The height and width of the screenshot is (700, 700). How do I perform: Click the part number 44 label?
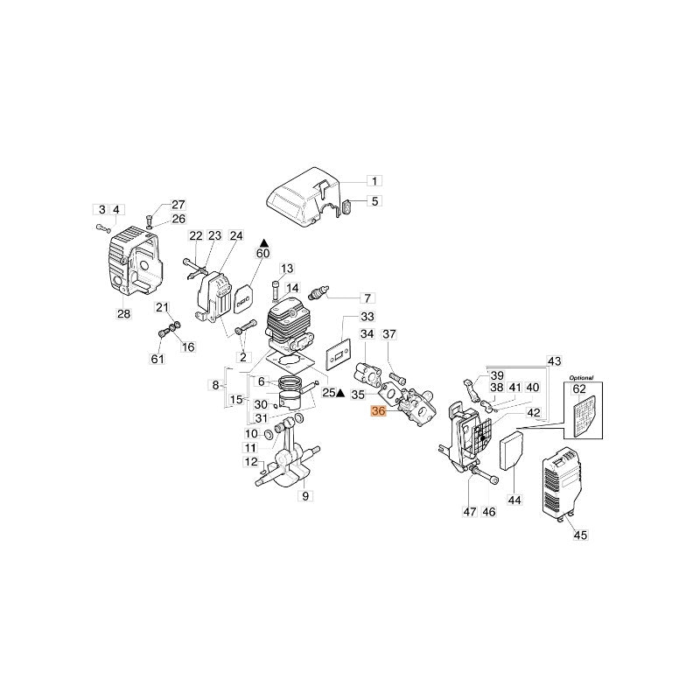coord(514,500)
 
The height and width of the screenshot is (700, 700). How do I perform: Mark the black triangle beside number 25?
coord(339,394)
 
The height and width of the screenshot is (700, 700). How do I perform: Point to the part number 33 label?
coord(367,317)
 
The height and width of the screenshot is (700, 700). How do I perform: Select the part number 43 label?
coord(554,361)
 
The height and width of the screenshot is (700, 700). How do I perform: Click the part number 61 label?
coord(157,360)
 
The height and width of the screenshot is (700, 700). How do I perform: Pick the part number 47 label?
coord(470,512)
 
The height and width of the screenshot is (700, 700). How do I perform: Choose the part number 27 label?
coord(178,205)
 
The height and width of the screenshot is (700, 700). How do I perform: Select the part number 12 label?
coord(251,462)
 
